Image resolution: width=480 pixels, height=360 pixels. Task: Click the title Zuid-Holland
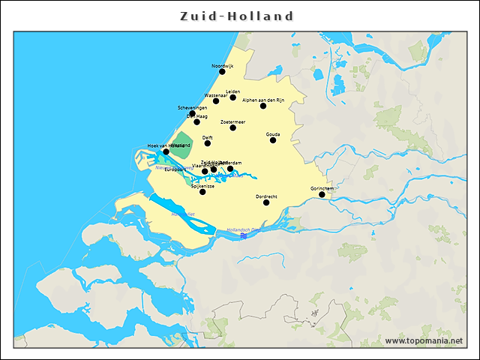[238, 16]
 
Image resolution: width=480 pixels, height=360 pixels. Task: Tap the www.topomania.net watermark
[423, 341]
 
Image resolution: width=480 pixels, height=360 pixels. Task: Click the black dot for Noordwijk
[222, 72]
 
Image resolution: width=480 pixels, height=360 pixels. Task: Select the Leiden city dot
[233, 97]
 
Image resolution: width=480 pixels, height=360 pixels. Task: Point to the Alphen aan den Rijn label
[263, 100]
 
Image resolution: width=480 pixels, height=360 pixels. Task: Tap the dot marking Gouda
[273, 140]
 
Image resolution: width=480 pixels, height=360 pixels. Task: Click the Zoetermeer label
[233, 121]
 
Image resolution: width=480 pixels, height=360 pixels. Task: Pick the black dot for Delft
[208, 143]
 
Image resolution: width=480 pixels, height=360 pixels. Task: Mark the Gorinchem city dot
[322, 195]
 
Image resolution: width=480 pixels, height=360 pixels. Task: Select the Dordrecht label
[266, 196]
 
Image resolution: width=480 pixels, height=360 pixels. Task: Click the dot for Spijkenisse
[202, 192]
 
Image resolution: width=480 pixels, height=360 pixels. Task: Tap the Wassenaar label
[216, 95]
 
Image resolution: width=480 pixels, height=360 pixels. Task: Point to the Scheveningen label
[192, 108]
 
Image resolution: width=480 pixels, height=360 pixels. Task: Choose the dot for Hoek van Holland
[166, 151]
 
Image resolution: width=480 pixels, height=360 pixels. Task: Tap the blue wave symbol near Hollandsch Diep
[244, 236]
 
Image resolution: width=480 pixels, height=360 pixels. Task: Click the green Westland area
[180, 145]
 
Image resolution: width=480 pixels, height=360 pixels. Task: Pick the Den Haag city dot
[196, 121]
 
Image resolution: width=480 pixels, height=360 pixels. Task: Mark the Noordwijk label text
[223, 66]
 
